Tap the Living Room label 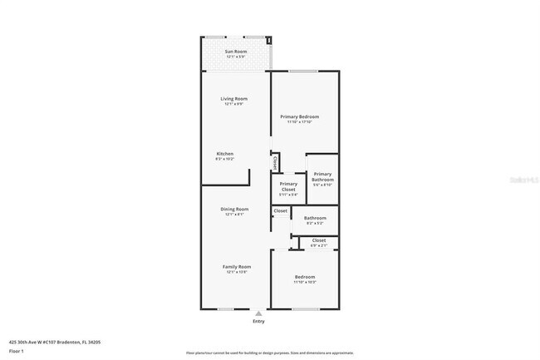coord(235,98)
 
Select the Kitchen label coord(225,154)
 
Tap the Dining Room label coord(234,209)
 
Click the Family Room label coord(235,266)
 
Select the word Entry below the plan coord(258,322)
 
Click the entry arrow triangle coord(258,313)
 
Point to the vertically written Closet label coord(275,163)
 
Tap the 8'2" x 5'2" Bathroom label coord(315,223)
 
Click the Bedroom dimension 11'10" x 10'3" coord(305,283)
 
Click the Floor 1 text coord(17,350)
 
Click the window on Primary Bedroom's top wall coord(304,71)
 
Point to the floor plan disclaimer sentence coord(269,353)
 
